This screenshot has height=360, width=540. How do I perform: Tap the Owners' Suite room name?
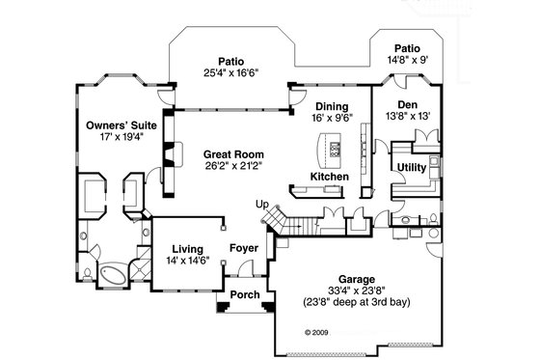click(114, 125)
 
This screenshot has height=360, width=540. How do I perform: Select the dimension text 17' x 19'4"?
click(114, 137)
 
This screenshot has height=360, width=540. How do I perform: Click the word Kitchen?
click(329, 177)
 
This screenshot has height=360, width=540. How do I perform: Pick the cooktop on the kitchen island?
click(335, 149)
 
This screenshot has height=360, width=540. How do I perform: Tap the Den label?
click(406, 104)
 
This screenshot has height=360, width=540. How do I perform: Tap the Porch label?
click(245, 295)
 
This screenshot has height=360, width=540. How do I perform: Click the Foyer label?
click(243, 249)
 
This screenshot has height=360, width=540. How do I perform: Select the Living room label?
click(188, 249)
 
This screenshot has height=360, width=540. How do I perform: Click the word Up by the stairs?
click(261, 205)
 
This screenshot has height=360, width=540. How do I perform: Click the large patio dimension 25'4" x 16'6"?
click(229, 72)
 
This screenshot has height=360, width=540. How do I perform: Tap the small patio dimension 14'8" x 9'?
click(407, 59)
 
